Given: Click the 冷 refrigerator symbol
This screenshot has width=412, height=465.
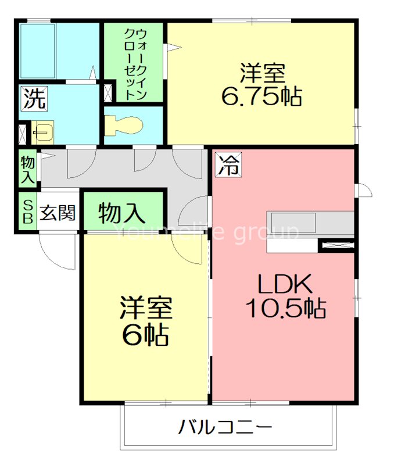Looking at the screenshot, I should [228, 165].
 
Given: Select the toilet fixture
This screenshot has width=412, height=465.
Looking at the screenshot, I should [123, 124].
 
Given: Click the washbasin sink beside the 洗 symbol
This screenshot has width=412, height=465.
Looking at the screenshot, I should [42, 133].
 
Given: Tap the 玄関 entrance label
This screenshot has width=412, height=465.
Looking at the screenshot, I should [58, 213].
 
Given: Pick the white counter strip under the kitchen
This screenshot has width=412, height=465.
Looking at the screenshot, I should [293, 246].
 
